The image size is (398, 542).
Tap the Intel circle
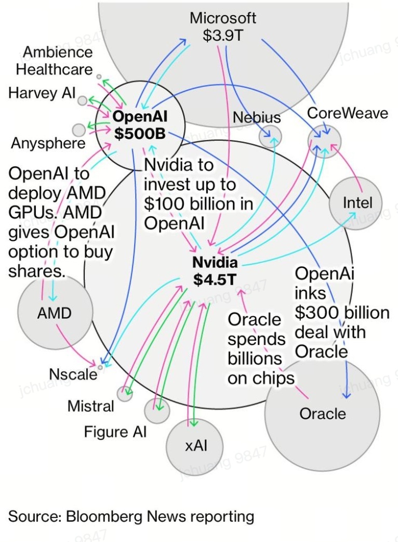356,203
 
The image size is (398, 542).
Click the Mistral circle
125,394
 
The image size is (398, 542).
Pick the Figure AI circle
157,410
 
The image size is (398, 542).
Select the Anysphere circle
78,130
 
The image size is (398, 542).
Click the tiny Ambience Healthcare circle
99,76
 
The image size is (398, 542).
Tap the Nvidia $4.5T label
215,270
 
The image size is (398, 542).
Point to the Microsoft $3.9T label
222,27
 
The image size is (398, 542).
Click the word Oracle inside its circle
322,414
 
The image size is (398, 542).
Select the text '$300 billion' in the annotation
342,312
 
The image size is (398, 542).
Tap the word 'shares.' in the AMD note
37,271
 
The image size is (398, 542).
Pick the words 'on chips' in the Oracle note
261,378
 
